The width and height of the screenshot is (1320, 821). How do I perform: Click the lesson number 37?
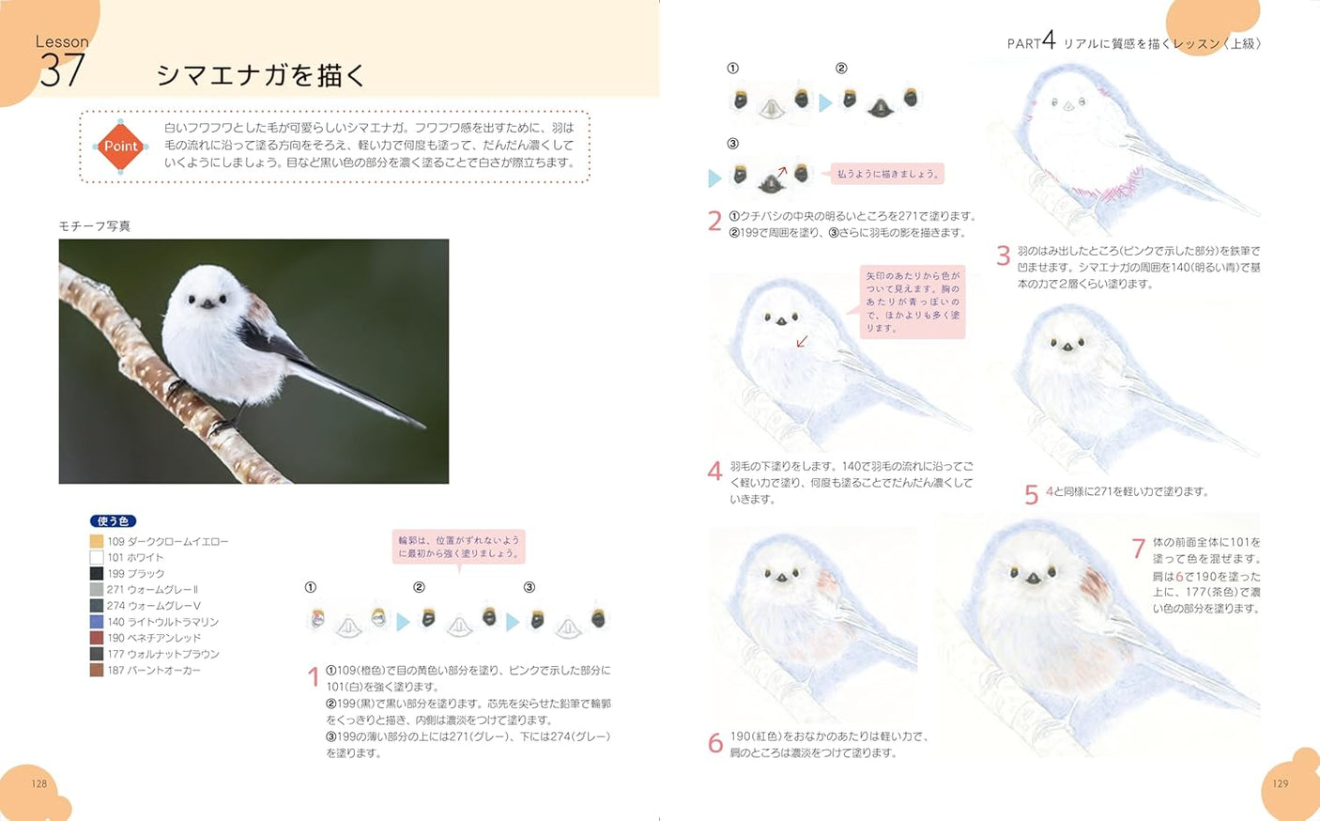pos(62,70)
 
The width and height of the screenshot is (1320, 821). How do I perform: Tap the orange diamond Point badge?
pos(120,147)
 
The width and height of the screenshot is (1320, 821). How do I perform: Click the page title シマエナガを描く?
pos(260,75)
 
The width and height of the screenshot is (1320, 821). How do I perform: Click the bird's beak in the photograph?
pos(207,303)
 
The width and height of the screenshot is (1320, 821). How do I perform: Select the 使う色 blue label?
pos(114,521)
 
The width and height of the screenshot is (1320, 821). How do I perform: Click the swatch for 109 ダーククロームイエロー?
pos(96,542)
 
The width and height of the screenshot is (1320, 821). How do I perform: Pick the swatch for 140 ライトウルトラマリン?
pos(96,622)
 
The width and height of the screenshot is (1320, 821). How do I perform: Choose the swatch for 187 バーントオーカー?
pos(96,671)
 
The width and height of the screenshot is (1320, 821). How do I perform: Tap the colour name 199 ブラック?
pos(135,574)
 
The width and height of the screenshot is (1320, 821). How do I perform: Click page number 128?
pos(39,783)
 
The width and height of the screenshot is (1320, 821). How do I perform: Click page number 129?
pos(1281,783)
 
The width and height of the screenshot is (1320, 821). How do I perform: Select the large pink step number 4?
pos(714,471)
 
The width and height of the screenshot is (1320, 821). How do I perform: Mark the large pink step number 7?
pos(1138,548)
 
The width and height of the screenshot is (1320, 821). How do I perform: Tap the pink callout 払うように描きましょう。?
pos(887,174)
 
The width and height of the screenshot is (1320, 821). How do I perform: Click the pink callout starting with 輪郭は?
pos(458,547)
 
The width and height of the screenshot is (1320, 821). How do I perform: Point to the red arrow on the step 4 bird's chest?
pos(802,342)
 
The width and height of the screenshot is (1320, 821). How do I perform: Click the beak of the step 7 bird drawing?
pos(1033,579)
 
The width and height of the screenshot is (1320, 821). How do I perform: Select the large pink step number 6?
pos(714,744)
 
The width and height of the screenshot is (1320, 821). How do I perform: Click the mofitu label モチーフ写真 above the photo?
pos(95,226)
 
